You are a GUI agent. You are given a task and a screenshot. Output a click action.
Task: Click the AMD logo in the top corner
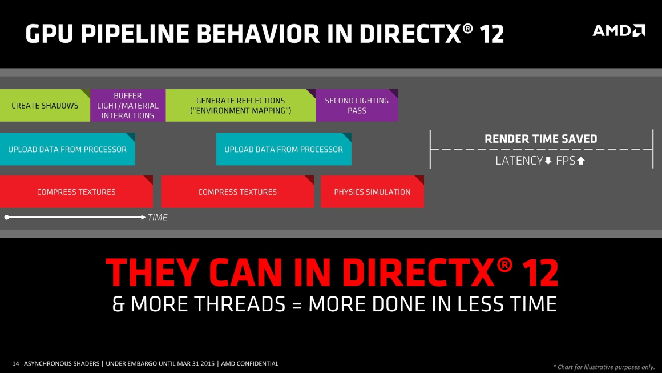point(619,30)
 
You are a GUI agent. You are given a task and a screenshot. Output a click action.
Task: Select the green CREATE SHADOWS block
point(45,106)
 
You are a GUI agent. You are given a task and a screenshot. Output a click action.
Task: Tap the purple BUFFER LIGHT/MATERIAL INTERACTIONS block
point(128,106)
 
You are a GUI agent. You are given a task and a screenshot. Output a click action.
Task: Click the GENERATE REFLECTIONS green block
point(240,106)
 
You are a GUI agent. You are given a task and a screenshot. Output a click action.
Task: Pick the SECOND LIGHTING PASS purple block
point(357,105)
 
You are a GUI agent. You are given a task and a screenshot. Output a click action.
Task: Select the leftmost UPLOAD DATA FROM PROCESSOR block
point(67,149)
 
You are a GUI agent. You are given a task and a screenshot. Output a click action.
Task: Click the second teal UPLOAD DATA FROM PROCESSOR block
point(284,149)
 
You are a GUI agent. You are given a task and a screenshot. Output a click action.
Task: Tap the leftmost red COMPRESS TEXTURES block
point(76,192)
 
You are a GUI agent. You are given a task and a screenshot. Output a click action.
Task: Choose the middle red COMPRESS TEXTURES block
point(237,192)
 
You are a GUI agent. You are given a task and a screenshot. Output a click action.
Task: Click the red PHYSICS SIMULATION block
point(372,192)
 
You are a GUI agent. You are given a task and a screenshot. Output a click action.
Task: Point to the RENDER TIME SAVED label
point(540,139)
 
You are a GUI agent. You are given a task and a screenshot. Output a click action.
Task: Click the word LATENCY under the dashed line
point(519,161)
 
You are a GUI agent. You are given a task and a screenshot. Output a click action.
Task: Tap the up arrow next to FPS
point(581,161)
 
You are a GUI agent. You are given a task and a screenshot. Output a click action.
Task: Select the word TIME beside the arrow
point(158,218)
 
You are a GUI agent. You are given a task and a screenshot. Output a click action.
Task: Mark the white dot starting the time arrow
point(6,218)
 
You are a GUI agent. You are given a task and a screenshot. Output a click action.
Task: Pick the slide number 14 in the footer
point(15,363)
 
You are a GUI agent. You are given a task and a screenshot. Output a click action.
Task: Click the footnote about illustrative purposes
point(604,367)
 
